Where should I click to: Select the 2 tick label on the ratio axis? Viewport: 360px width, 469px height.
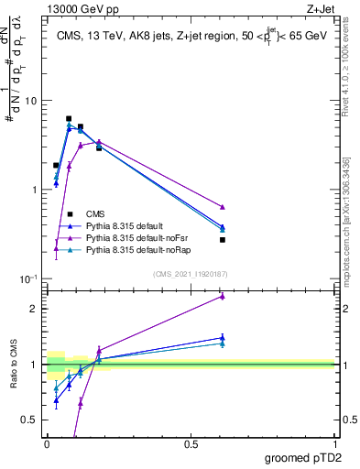pos(34,309)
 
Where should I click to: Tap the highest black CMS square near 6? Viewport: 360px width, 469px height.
pos(69,118)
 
